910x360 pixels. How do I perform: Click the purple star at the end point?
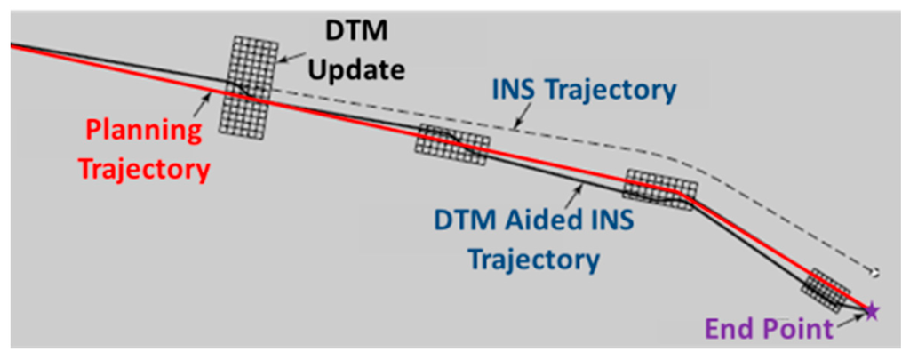click(x=872, y=310)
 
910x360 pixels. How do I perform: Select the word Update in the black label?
click(x=360, y=69)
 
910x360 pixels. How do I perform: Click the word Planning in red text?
click(x=143, y=132)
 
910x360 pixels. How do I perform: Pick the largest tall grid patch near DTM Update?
click(x=246, y=85)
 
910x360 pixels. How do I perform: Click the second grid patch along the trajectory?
click(x=451, y=145)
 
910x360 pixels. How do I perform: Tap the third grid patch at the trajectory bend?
click(x=660, y=189)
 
